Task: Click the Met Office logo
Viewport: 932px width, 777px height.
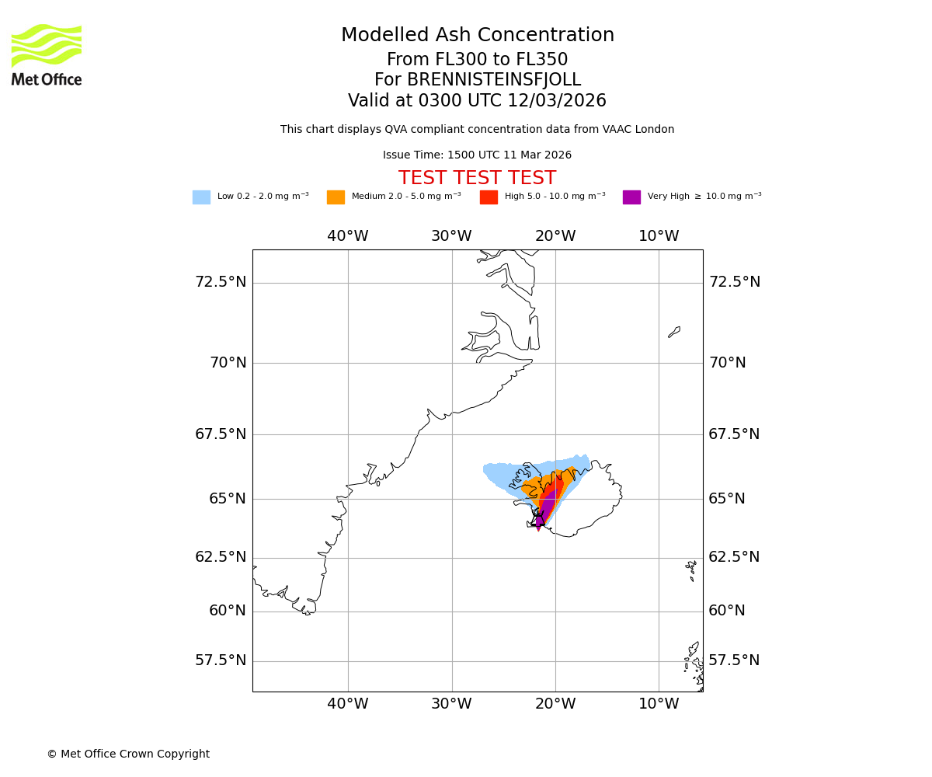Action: (x=47, y=54)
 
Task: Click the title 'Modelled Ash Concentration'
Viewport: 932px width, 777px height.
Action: (x=477, y=35)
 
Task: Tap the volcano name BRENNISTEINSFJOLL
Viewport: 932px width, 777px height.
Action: (x=477, y=80)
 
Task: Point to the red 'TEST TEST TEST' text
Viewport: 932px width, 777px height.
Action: (x=477, y=178)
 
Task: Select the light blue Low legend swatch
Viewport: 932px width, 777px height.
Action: (x=201, y=197)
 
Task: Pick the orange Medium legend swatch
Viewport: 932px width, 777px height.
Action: (x=336, y=197)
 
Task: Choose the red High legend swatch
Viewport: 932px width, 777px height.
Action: (x=489, y=197)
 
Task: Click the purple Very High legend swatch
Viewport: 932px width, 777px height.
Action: (x=631, y=197)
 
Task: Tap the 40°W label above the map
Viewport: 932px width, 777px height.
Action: (x=347, y=236)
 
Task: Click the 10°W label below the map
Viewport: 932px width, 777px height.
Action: (x=659, y=704)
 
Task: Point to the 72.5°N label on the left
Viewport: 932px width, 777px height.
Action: (x=220, y=281)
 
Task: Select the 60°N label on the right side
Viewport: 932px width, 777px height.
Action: (x=727, y=611)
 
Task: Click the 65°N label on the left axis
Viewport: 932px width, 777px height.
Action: (x=227, y=498)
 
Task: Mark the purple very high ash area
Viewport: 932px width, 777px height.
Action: (x=545, y=505)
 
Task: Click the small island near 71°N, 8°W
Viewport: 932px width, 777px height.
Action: (x=674, y=332)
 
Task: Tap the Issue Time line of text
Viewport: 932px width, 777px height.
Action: (x=477, y=155)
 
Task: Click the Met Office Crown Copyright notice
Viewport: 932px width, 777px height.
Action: (x=128, y=754)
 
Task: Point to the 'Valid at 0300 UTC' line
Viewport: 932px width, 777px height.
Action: (x=477, y=101)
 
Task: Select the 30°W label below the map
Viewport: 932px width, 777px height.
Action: (x=451, y=704)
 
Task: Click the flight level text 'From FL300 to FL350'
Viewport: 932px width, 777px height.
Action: (x=477, y=60)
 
